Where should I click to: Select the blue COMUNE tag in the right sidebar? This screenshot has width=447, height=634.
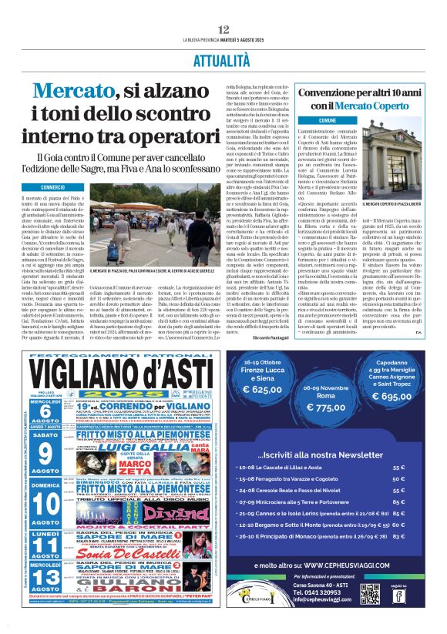[x=306, y=121]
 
